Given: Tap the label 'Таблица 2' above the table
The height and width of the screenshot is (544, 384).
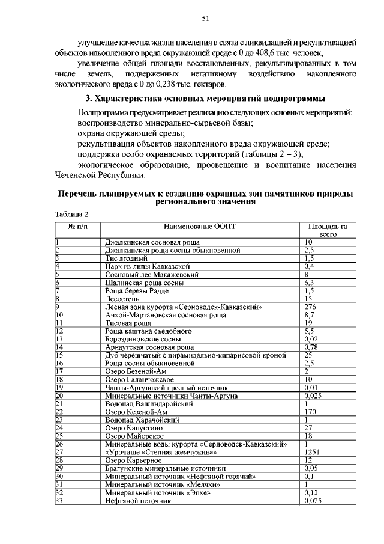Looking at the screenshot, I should pyautogui.click(x=71, y=214).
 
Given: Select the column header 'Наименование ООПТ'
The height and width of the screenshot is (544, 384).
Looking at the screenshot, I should pyautogui.click(x=200, y=226).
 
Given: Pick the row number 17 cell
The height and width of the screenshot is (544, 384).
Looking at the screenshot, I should pyautogui.click(x=59, y=371).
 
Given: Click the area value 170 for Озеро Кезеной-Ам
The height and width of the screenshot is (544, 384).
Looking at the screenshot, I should pyautogui.click(x=311, y=412).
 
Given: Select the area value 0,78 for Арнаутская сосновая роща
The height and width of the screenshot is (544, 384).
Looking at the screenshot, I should pyautogui.click(x=311, y=347).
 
